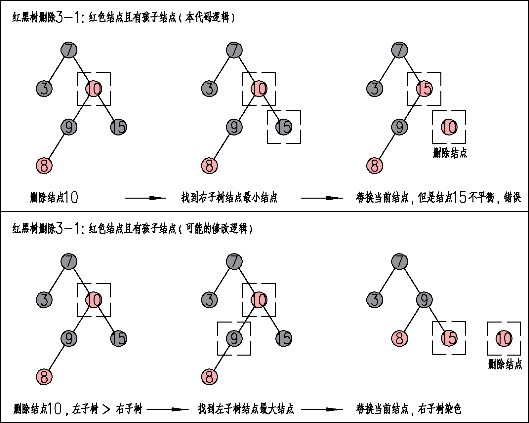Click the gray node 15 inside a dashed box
pos(284,127)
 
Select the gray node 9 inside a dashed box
pos(234,338)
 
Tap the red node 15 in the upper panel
pos(424,89)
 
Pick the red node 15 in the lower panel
pos(449,338)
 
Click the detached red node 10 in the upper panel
pos(449,127)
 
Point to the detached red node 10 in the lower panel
pos(504,338)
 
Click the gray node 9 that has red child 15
pos(424,300)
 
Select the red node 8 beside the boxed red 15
pos(399,338)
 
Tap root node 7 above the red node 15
pos(399,50)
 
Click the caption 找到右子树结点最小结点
pos(229,198)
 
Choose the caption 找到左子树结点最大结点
pos(246,409)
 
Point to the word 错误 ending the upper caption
pos(512,198)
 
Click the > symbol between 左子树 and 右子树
pos(106,409)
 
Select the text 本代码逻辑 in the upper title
pos(207,17)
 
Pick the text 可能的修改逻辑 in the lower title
pos(216,228)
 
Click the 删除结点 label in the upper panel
pos(450,153)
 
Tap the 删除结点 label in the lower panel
pos(505,364)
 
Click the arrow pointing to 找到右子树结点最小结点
pos(145,198)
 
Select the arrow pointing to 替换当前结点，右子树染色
pos(322,409)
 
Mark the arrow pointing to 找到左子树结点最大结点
pos(167,409)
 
